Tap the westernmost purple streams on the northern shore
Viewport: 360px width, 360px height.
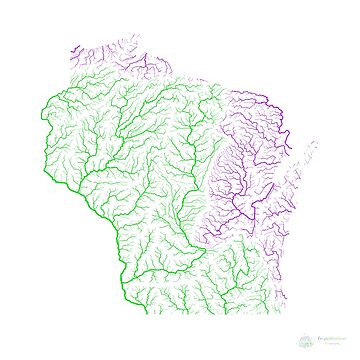pyautogui.click(x=75, y=52)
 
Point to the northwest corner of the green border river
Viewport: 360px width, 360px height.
pyautogui.click(x=44, y=100)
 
